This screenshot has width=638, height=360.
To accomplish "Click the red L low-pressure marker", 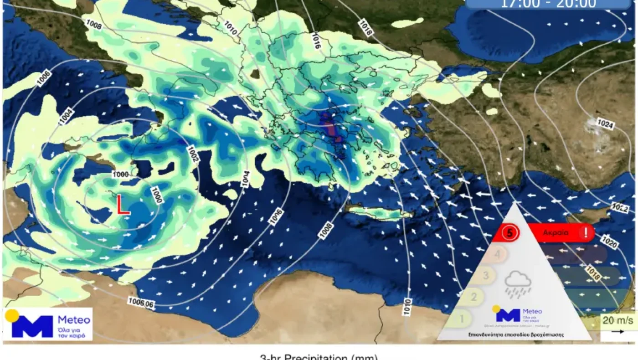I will coord(122,205).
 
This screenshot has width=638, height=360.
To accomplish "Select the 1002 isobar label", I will coord(193,152).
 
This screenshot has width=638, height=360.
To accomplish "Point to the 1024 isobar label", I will coord(606,124).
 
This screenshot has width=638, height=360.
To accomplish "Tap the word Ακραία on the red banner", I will coord(555,233).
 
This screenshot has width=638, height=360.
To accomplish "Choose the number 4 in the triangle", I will coord(498,254).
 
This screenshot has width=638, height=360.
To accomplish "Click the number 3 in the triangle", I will coord(486,276).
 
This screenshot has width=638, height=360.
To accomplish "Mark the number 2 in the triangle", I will coord(474,297).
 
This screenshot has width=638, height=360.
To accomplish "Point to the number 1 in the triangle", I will coord(462,318).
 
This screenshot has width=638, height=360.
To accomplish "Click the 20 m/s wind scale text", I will coord(618,320).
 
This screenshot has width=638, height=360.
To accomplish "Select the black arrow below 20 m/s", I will coord(618,332).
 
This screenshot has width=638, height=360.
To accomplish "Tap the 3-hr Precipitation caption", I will coord(319,357).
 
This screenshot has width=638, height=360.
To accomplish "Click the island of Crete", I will coord(378,212).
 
